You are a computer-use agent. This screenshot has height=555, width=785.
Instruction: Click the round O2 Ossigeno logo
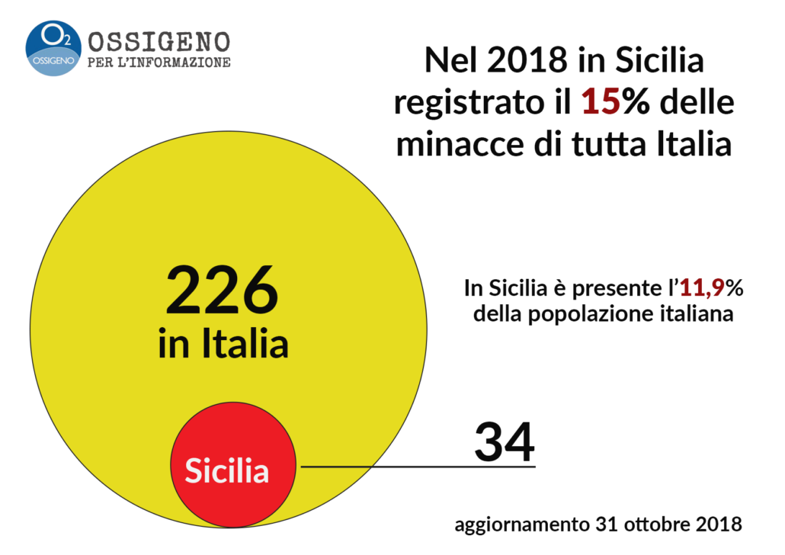(53, 48)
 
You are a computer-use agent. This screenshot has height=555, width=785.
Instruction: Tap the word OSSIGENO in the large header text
(159, 40)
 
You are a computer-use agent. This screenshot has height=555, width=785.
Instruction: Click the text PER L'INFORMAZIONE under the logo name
(159, 63)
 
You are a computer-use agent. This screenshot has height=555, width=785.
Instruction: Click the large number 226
(223, 290)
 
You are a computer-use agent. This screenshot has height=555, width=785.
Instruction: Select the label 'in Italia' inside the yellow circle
(223, 344)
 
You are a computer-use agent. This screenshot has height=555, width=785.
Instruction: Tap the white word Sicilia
(227, 471)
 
